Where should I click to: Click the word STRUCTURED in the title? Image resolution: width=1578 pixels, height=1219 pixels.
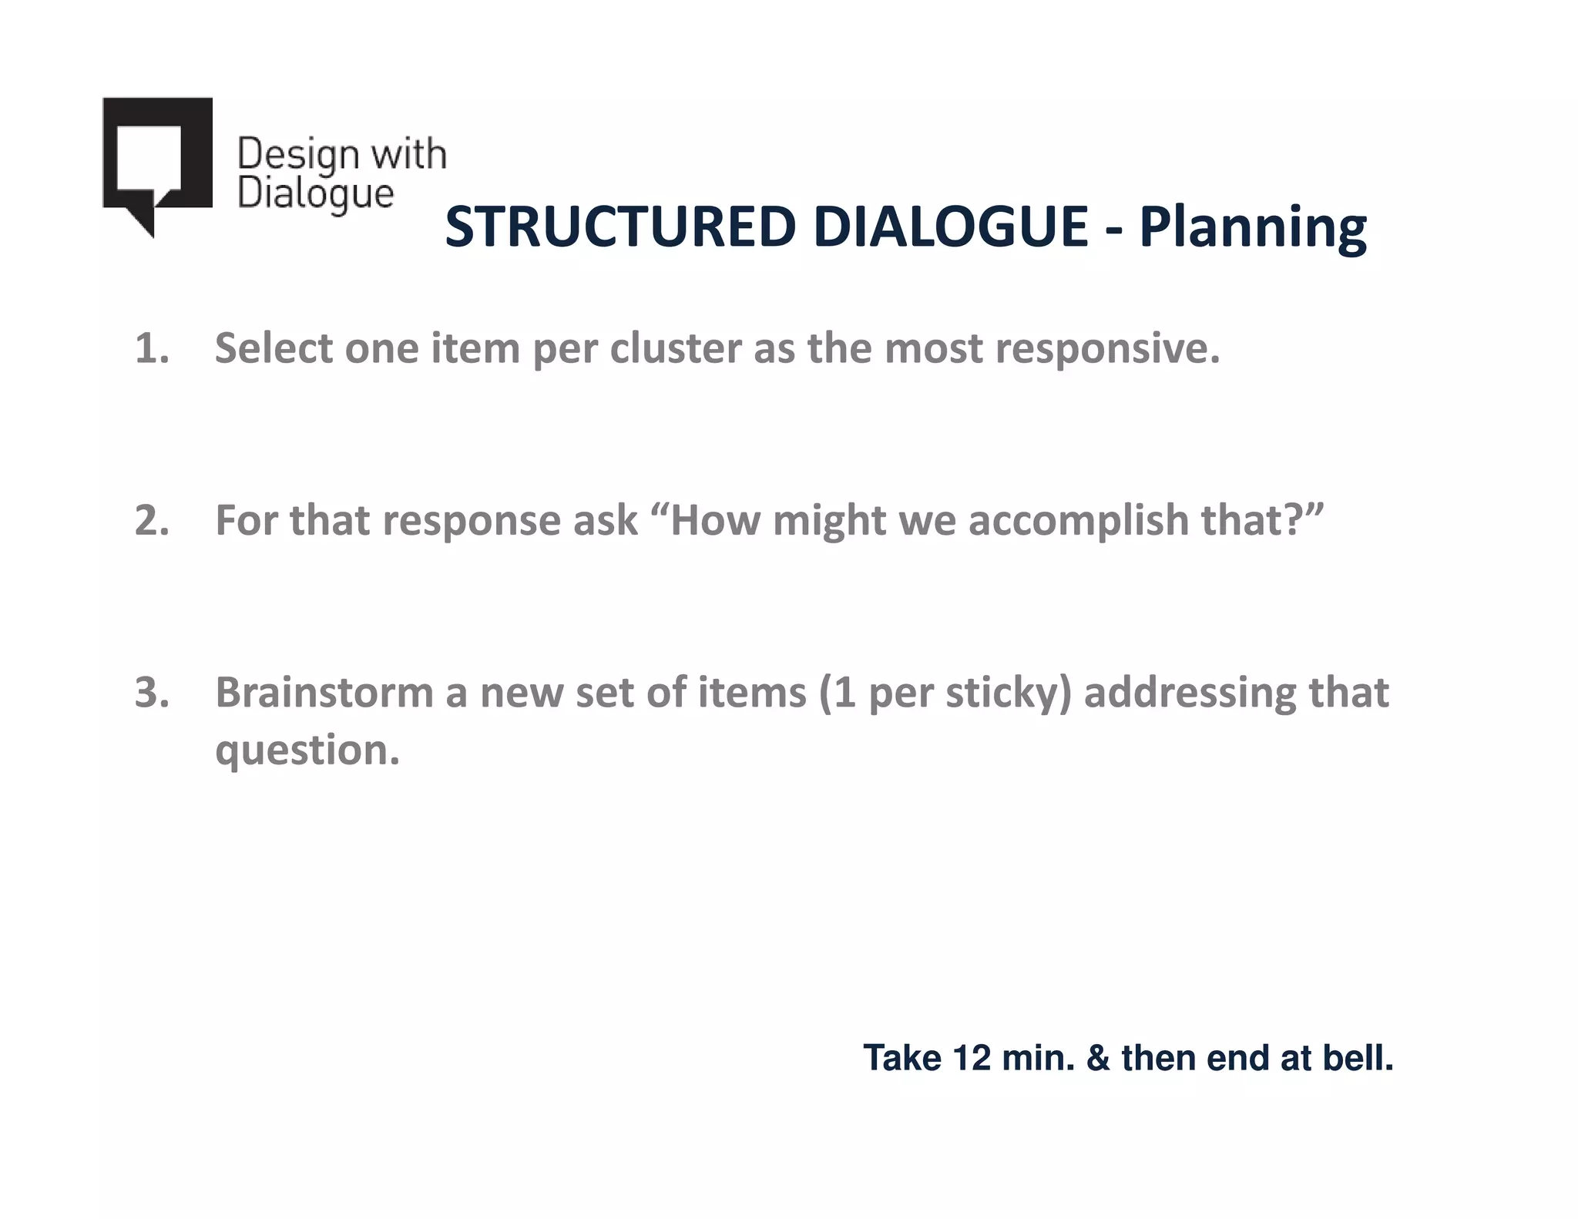pos(619,227)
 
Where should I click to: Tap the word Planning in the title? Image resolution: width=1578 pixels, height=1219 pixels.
pos(1253,229)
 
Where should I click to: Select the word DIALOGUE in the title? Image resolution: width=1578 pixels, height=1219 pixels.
pos(950,227)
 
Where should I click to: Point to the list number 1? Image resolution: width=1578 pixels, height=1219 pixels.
pos(152,348)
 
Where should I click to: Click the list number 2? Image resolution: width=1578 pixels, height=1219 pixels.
pos(152,520)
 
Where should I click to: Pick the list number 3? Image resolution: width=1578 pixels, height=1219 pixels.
pos(152,692)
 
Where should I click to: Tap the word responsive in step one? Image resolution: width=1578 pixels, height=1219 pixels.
pos(1106,350)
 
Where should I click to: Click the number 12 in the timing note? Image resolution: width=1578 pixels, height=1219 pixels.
pos(971,1058)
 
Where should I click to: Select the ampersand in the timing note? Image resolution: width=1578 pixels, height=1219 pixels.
pos(1098,1058)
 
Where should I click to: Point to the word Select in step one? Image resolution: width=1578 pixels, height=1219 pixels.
pos(274,348)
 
